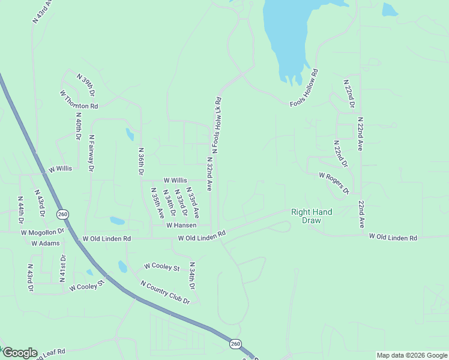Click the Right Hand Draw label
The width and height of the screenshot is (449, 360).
(x=312, y=216)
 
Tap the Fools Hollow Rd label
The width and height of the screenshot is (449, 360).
(x=304, y=88)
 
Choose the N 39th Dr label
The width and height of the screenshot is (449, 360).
(x=86, y=85)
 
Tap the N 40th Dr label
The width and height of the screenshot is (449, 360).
(x=78, y=126)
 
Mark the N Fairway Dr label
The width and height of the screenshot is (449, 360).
(x=92, y=154)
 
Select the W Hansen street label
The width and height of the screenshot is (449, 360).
(x=181, y=225)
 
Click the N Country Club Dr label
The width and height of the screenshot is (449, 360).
(x=165, y=292)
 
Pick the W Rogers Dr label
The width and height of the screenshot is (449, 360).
(x=334, y=183)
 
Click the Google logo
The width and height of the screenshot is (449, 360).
(x=19, y=353)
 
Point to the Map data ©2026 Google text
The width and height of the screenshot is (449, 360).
(x=411, y=355)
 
